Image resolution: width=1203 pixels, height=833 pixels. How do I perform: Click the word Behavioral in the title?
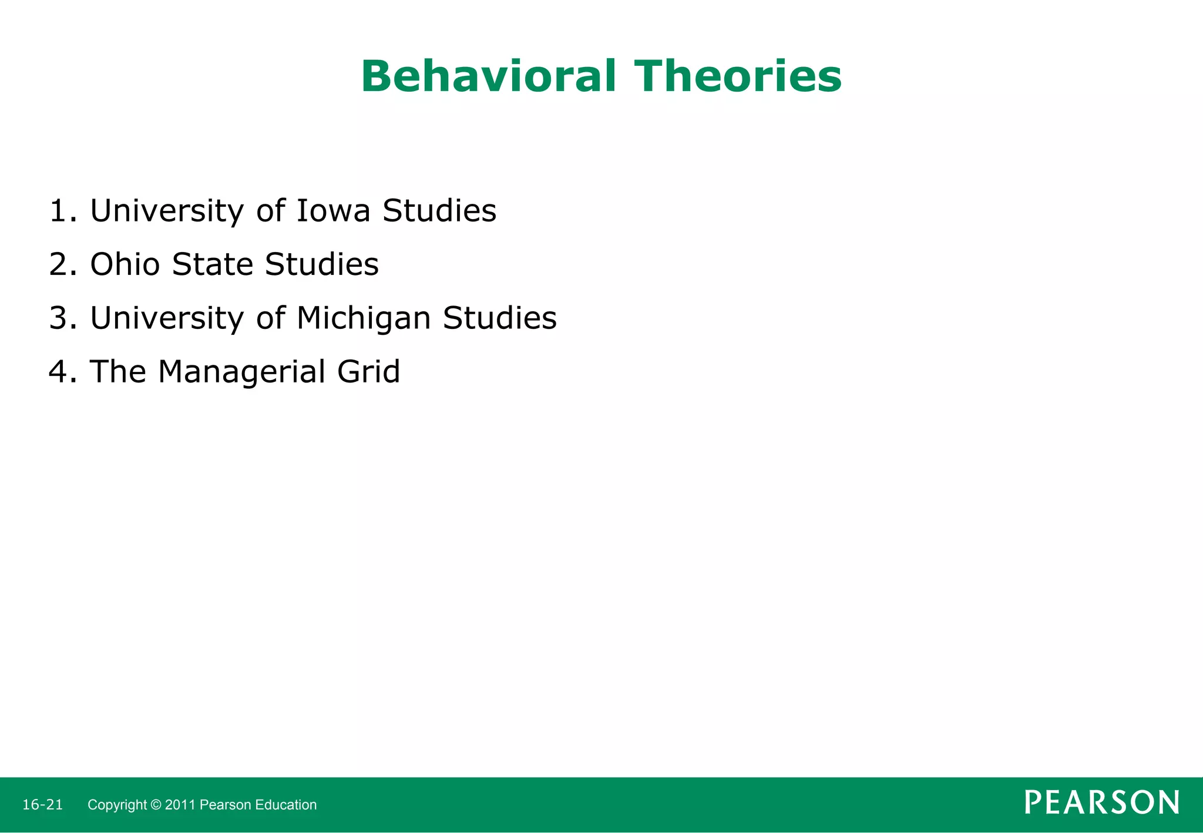click(488, 76)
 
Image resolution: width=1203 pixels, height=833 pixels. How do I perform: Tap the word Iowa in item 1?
click(333, 210)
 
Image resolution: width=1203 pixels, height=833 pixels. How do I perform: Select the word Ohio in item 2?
click(125, 264)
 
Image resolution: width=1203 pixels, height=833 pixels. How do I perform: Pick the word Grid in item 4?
click(368, 371)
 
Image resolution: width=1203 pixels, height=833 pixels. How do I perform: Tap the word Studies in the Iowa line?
click(439, 210)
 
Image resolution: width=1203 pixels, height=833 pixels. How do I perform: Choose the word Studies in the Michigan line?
click(499, 318)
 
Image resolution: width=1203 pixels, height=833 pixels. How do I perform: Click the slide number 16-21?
click(42, 805)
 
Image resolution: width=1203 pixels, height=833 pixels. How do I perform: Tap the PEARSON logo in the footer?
click(1101, 802)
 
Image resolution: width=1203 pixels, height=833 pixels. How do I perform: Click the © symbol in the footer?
click(156, 805)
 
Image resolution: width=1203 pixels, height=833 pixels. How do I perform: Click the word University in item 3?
click(167, 318)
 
